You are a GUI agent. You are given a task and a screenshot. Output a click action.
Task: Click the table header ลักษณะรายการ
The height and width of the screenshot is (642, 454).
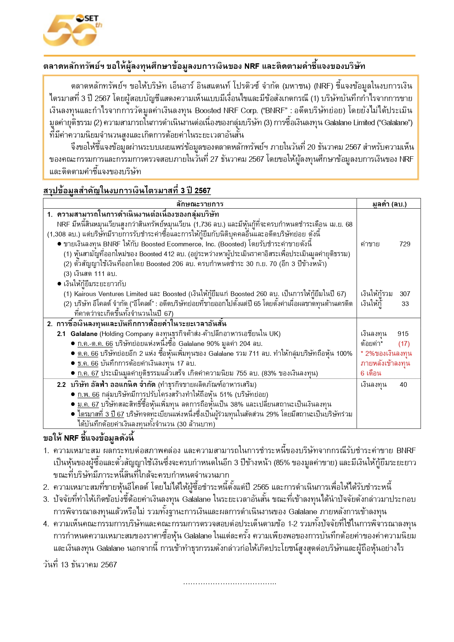(x=200, y=204)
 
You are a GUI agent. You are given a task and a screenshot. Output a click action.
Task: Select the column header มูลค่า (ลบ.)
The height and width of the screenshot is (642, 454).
(x=389, y=204)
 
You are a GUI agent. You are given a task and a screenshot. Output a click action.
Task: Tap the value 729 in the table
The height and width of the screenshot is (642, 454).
(x=405, y=244)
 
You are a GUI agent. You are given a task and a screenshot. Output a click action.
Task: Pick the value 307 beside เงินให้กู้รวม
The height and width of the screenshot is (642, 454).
(x=405, y=294)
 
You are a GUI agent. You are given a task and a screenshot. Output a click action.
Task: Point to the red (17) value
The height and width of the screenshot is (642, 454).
(x=404, y=344)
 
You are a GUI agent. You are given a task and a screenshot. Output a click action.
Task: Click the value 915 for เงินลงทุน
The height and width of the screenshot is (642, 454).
(x=403, y=334)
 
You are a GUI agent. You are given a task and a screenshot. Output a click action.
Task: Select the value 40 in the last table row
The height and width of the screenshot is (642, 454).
(x=403, y=385)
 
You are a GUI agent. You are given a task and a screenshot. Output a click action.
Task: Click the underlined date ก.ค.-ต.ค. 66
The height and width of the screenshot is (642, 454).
(x=95, y=344)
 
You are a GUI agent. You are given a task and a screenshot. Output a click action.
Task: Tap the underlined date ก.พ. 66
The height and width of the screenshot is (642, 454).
(x=88, y=395)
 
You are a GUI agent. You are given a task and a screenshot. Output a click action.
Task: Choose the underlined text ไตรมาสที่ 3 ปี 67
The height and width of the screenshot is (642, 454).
(x=101, y=414)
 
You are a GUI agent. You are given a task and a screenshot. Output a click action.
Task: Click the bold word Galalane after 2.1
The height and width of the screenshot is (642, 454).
(x=84, y=334)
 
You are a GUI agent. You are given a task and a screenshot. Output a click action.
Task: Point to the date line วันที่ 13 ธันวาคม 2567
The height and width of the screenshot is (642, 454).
(x=80, y=565)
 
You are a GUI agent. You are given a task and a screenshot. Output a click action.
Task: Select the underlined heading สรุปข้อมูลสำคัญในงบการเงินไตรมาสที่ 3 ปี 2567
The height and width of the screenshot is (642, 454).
(x=127, y=191)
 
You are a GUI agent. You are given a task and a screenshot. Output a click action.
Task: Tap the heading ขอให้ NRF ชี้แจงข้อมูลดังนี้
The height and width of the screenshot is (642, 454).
(x=89, y=438)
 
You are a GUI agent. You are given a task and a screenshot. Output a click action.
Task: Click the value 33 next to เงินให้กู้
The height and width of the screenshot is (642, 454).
(x=405, y=304)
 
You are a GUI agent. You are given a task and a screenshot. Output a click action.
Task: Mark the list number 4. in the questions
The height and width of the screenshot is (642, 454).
(x=46, y=524)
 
